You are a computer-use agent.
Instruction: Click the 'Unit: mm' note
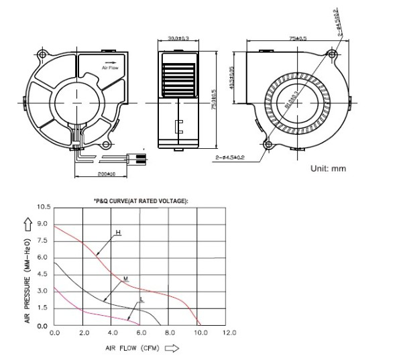coord(328,168)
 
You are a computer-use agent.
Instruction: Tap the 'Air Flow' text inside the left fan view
coord(109,68)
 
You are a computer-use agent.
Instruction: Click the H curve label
coord(117,233)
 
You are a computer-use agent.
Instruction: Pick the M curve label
coord(125,278)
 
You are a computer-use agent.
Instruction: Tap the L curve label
coord(141,299)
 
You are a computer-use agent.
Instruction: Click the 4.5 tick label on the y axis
coord(43,274)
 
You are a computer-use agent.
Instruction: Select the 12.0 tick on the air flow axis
coord(229,333)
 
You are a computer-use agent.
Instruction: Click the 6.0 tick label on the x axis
coord(141,333)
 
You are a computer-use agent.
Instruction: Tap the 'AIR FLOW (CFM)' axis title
coord(131,349)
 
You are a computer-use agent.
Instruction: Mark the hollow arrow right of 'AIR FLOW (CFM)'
coord(172,349)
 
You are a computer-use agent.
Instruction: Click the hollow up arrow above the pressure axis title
coord(27,223)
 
